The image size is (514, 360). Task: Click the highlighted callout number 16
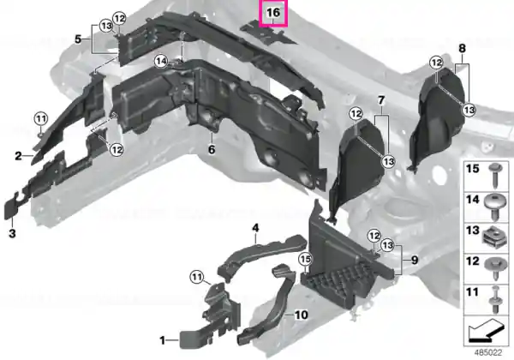[273, 13]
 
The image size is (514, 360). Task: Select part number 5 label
[78, 39]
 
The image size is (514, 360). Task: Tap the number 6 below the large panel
[212, 149]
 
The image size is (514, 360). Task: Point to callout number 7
[381, 100]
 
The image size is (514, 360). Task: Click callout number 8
[462, 49]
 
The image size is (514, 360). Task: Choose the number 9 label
[415, 261]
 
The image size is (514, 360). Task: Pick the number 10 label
[302, 315]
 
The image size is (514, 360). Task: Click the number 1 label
[163, 340]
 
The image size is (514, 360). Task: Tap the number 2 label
[18, 156]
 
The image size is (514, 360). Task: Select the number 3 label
[12, 233]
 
